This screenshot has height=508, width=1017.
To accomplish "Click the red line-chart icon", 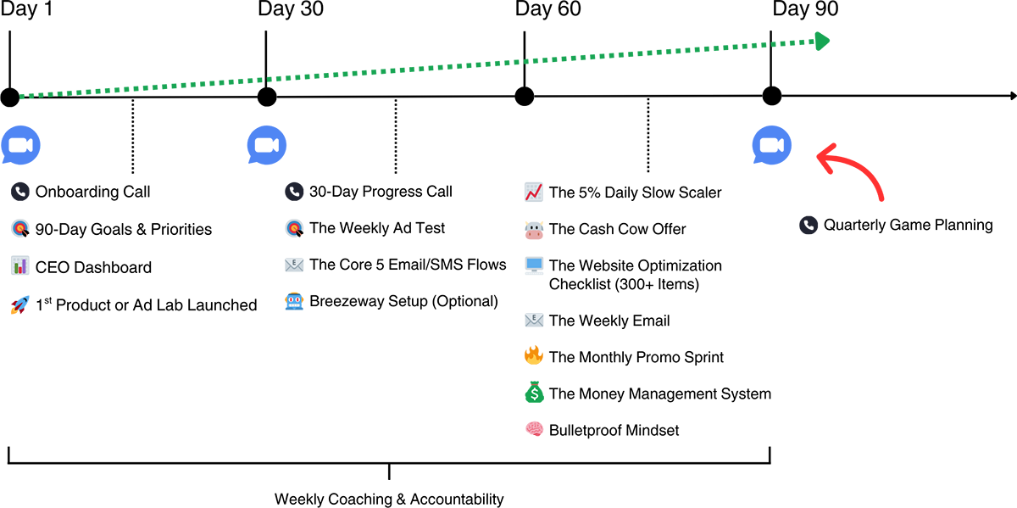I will pyautogui.click(x=533, y=193).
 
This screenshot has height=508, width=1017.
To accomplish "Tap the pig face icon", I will pyautogui.click(x=534, y=228).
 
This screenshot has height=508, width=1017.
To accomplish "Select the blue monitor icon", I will pyautogui.click(x=534, y=264).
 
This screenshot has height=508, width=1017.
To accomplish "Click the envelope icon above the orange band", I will pyautogui.click(x=533, y=321).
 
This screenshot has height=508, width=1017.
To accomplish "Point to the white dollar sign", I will pyautogui.click(x=534, y=394).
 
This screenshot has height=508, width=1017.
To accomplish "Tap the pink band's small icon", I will pyautogui.click(x=534, y=427).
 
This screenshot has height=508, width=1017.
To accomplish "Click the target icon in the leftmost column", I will pyautogui.click(x=20, y=229).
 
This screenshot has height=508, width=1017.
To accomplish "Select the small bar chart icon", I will pyautogui.click(x=19, y=266).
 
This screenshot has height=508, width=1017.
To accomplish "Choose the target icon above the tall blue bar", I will pyautogui.click(x=294, y=228).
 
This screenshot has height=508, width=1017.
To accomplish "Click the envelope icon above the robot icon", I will pyautogui.click(x=294, y=264).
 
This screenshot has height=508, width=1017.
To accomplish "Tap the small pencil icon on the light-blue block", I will pyautogui.click(x=25, y=301).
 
